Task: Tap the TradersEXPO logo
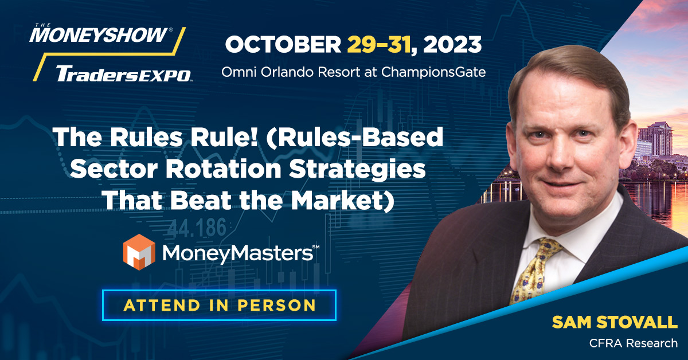123,73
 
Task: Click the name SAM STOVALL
614,323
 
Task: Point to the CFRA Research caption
634,343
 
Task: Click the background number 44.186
197,230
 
